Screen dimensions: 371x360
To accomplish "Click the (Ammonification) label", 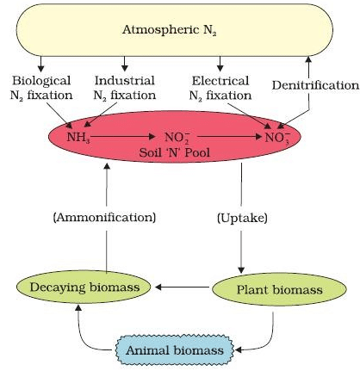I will (x=104, y=217).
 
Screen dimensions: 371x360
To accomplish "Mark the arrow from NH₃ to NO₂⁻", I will (x=121, y=136).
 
